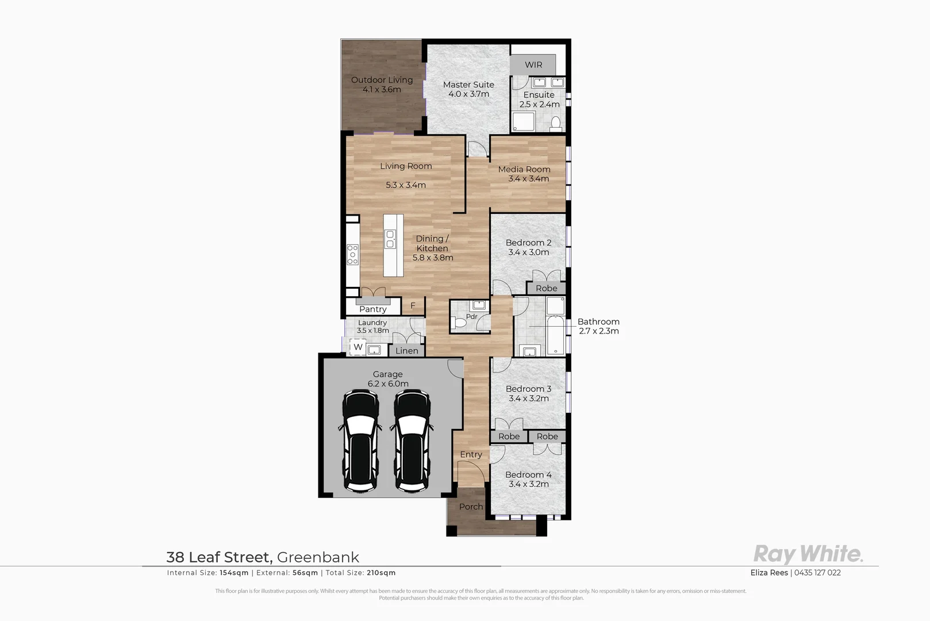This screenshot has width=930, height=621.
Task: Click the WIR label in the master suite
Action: tap(533, 65)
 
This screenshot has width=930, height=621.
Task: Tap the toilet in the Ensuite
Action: tap(556, 123)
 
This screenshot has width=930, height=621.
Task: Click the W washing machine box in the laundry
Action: tap(358, 347)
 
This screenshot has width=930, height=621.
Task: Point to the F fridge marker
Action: tap(413, 306)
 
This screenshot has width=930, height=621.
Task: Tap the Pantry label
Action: tap(372, 309)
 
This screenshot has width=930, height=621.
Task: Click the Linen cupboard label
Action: tap(407, 351)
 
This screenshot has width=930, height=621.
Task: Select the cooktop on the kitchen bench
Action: tap(352, 255)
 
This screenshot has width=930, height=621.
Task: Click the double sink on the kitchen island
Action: tap(391, 239)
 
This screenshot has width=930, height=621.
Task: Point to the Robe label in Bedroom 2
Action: tap(547, 288)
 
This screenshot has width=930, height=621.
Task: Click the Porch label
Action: tap(471, 507)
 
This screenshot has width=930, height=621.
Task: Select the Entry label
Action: tap(471, 454)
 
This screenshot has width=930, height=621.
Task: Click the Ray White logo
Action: tap(808, 554)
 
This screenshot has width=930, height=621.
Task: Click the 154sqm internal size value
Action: tap(234, 573)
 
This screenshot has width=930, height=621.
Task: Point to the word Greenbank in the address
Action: tap(318, 557)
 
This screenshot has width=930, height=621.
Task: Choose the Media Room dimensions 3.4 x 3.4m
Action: tap(528, 179)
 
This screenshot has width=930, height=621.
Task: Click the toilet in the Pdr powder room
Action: tap(460, 323)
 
